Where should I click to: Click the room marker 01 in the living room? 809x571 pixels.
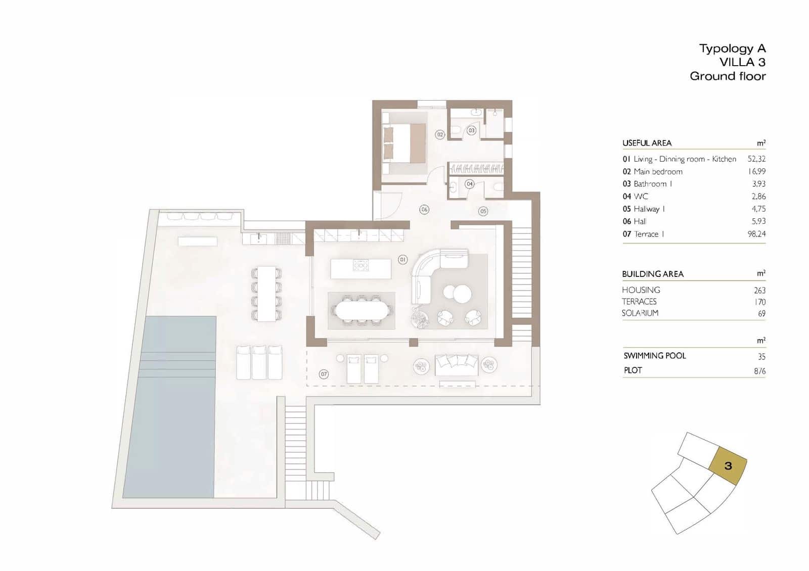[402, 259]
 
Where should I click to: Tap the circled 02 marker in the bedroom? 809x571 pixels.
[440, 134]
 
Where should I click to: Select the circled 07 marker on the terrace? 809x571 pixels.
[324, 374]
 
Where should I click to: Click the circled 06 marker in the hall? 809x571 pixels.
[424, 209]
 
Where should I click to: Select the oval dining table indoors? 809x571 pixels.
[361, 310]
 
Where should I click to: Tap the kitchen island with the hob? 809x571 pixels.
[361, 268]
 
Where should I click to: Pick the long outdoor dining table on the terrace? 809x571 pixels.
[266, 294]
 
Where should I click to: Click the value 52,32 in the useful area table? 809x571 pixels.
[756, 159]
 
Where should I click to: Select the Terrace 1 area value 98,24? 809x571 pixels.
[756, 234]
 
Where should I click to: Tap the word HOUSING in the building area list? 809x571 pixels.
[641, 290]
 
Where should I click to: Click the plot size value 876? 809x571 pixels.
[759, 371]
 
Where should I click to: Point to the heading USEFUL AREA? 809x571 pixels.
[647, 143]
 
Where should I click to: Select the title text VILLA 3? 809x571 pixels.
[742, 62]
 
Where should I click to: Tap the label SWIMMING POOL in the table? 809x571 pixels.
[654, 356]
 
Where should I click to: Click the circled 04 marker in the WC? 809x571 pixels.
[470, 184]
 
